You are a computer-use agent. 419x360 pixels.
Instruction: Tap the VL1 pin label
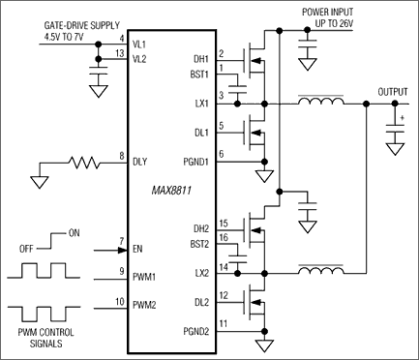pyautogui.click(x=142, y=42)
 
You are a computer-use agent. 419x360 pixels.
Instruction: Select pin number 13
pyautogui.click(x=121, y=54)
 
